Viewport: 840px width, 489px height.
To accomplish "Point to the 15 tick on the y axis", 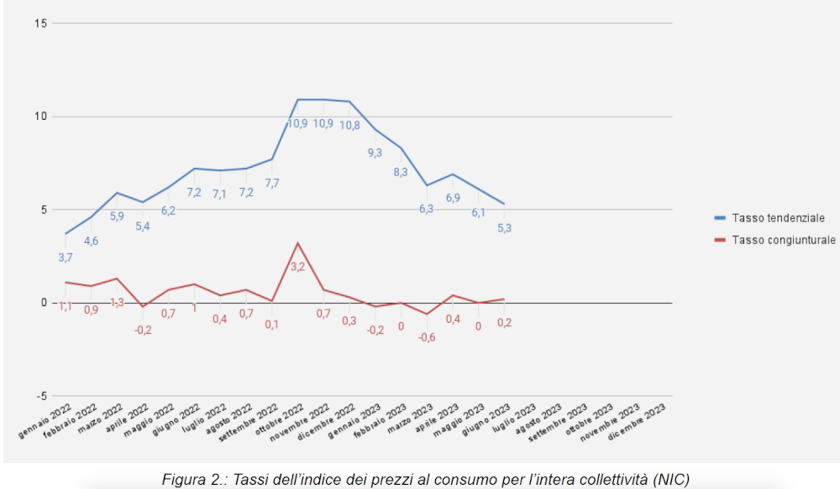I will [39, 23].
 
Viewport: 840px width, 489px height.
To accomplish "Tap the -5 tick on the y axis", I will [39, 396].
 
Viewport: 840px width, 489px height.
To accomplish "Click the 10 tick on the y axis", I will [39, 117].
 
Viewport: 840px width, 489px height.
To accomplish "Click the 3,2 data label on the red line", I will [298, 267].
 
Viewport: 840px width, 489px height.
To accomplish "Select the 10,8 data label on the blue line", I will [349, 125].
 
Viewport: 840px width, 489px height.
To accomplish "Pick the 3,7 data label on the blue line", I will [66, 257].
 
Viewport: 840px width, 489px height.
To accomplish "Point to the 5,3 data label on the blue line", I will [503, 227].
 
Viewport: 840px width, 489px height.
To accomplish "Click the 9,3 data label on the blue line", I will [375, 153].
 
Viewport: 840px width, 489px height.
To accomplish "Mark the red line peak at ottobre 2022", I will [297, 243].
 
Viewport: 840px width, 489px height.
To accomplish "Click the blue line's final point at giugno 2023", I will [503, 204].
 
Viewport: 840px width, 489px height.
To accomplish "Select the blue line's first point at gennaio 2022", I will [66, 234].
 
